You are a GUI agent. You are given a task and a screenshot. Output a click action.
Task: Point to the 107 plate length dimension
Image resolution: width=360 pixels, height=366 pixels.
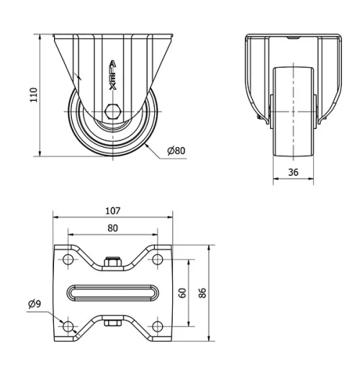click(112, 211)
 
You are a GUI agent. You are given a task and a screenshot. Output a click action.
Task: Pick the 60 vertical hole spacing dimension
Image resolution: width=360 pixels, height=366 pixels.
click(183, 293)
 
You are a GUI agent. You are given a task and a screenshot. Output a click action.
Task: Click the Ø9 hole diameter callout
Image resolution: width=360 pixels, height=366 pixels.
click(35, 303)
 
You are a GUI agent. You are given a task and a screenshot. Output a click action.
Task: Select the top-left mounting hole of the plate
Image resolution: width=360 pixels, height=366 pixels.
click(68, 259)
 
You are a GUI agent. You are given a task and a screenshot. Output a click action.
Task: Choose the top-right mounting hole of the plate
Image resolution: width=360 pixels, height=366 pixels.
click(156, 259)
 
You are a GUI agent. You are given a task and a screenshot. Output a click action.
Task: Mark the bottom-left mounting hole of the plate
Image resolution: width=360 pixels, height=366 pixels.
click(68, 326)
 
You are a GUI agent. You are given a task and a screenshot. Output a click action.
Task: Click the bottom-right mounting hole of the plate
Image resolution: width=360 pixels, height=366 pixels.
click(156, 326)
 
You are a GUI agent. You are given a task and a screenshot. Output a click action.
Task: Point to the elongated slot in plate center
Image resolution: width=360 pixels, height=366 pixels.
click(112, 293)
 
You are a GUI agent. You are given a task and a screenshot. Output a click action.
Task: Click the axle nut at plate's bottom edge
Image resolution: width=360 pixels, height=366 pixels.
click(112, 323)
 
